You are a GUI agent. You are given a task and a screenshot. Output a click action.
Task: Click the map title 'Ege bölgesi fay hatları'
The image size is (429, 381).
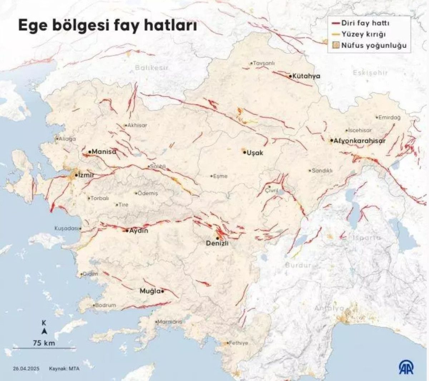point(108,26)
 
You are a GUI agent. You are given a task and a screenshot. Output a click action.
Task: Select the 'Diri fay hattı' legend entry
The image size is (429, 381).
point(365,23)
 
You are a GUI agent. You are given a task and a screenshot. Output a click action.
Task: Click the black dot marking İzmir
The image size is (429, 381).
point(76,175)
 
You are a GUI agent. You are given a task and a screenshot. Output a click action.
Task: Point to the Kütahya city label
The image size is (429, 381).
point(306,76)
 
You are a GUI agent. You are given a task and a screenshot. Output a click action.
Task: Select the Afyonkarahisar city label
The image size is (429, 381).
point(360,141)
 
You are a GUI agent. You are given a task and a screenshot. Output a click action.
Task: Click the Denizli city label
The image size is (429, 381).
point(217,243)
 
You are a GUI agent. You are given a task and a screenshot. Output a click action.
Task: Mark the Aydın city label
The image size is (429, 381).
point(138,231)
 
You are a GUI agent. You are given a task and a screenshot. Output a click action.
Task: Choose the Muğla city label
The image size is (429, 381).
point(150,291)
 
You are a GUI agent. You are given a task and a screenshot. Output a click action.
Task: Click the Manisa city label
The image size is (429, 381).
point(104,152)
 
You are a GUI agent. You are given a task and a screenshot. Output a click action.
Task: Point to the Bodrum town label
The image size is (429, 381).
point(105,305)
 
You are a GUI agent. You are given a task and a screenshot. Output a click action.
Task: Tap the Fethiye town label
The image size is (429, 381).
point(238,343)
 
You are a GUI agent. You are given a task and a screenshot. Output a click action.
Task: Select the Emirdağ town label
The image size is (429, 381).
point(390,117)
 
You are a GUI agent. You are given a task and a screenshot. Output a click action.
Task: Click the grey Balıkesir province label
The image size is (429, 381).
point(152,68)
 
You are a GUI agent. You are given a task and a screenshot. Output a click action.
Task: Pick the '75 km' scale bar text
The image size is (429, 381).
point(44,343)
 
